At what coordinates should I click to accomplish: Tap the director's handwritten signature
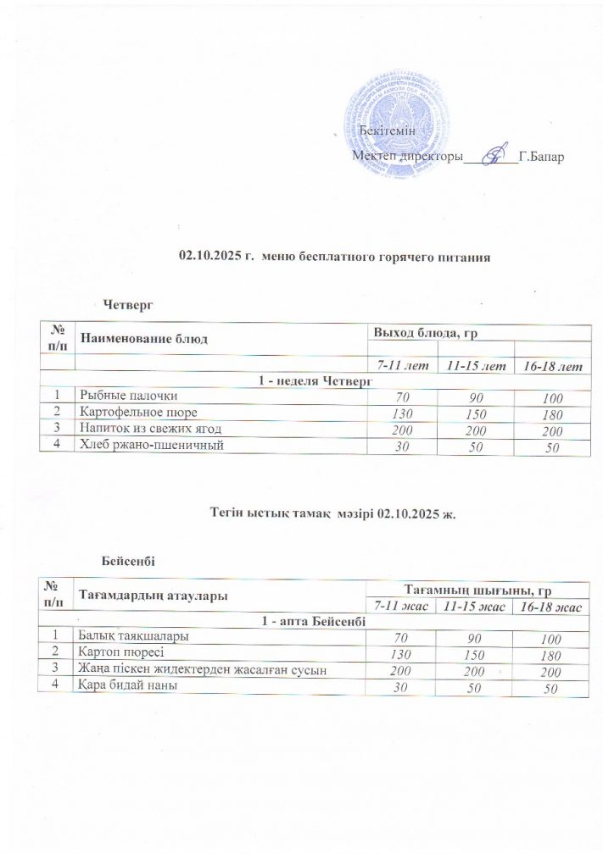pyautogui.click(x=490, y=156)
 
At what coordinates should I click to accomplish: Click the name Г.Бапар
pyautogui.click(x=540, y=158)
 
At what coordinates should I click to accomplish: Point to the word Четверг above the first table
pyautogui.click(x=128, y=302)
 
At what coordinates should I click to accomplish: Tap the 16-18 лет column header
pyautogui.click(x=550, y=365)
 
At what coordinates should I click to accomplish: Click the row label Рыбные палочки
pyautogui.click(x=129, y=394)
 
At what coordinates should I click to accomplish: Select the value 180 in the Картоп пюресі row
pyautogui.click(x=550, y=654)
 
